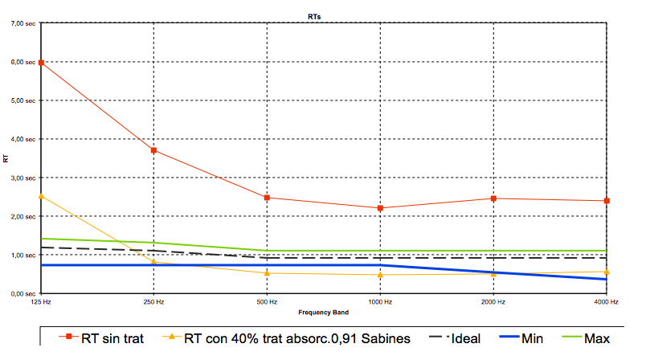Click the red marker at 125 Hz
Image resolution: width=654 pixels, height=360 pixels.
(40, 63)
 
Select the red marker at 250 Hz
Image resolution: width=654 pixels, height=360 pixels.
(153, 150)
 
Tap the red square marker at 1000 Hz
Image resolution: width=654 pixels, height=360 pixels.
(380, 208)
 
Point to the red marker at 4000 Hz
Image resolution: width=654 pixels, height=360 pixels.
(607, 201)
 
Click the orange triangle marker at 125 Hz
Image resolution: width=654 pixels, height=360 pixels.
(40, 196)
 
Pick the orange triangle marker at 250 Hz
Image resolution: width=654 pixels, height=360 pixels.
(153, 262)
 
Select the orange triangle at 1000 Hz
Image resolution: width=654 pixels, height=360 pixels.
(380, 275)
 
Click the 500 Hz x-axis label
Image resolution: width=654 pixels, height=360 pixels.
(267, 302)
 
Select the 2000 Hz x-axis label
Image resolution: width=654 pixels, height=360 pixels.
(493, 302)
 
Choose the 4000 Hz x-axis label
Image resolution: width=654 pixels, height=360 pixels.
(607, 302)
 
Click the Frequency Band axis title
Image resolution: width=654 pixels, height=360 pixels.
(324, 311)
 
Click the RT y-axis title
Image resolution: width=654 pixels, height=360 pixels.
(7, 158)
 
